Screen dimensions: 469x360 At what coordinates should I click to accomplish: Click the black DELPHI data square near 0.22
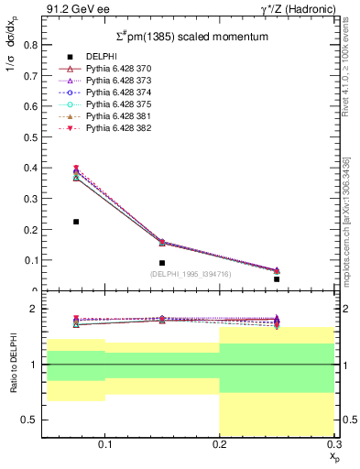(x=76, y=222)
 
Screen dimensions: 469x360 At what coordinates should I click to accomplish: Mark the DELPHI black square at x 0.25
(x=277, y=278)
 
